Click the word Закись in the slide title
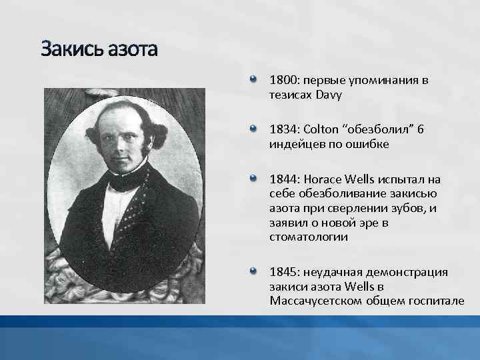point(73,49)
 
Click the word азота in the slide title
point(133,49)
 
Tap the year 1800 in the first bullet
point(283,81)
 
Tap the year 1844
point(283,179)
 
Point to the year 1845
point(283,272)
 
